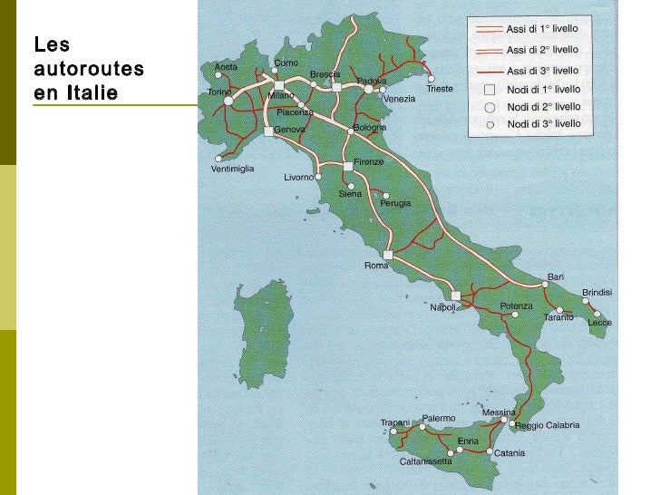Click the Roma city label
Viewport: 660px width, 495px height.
375,266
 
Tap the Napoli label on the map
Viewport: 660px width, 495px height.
442,307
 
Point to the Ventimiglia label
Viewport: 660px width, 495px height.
232,169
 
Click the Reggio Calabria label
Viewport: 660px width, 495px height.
547,425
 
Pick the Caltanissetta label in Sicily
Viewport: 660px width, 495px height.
425,461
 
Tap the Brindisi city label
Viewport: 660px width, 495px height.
597,292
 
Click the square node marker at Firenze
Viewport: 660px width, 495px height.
347,166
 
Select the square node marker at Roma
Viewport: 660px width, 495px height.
387,255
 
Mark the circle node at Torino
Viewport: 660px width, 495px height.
228,101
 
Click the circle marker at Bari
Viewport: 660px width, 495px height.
546,284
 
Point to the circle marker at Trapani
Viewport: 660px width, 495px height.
393,432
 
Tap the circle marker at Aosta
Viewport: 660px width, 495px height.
218,75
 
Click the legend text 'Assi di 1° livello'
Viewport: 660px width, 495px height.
542,29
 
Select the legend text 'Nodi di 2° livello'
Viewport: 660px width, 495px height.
544,106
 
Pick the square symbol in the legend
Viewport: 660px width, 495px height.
489,89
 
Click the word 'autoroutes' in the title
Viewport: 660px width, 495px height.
89,68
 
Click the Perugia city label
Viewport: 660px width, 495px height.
395,203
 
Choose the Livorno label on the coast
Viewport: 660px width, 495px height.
298,178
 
